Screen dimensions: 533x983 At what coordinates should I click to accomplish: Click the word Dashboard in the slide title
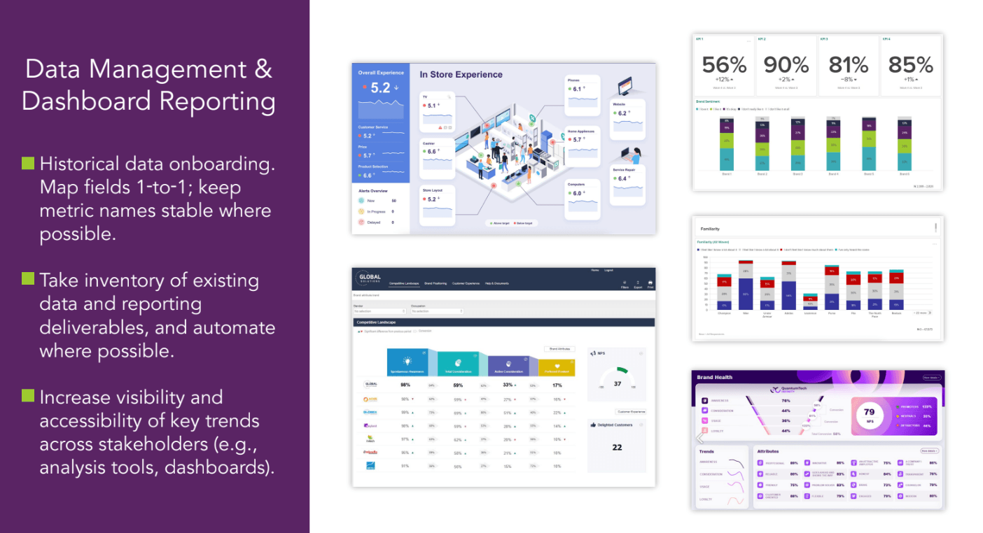pyautogui.click(x=85, y=101)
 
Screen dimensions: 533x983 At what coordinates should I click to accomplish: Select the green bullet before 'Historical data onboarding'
pyautogui.click(x=28, y=164)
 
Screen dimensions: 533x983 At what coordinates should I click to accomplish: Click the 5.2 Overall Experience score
pyautogui.click(x=380, y=88)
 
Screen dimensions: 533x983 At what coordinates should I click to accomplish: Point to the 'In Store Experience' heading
pyautogui.click(x=461, y=75)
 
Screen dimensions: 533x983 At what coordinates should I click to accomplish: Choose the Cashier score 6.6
pyautogui.click(x=432, y=152)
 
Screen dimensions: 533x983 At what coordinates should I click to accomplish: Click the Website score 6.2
pyautogui.click(x=622, y=113)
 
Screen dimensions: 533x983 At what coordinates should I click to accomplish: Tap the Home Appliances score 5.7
pyautogui.click(x=577, y=140)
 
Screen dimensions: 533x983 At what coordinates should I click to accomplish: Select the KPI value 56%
pyautogui.click(x=724, y=65)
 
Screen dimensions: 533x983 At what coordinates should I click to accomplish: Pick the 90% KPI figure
pyautogui.click(x=786, y=65)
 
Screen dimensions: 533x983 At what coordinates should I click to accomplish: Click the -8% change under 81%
pyautogui.click(x=848, y=79)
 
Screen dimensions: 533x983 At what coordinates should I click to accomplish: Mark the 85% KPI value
pyautogui.click(x=910, y=65)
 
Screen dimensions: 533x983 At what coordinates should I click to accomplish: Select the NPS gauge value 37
pyautogui.click(x=617, y=384)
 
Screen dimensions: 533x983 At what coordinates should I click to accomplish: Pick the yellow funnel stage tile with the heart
pyautogui.click(x=557, y=364)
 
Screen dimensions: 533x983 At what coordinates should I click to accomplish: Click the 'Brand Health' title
pyautogui.click(x=714, y=377)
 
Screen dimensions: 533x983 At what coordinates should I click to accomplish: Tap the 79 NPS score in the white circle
pyautogui.click(x=869, y=412)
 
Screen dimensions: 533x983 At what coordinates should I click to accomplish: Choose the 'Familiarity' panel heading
pyautogui.click(x=710, y=228)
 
